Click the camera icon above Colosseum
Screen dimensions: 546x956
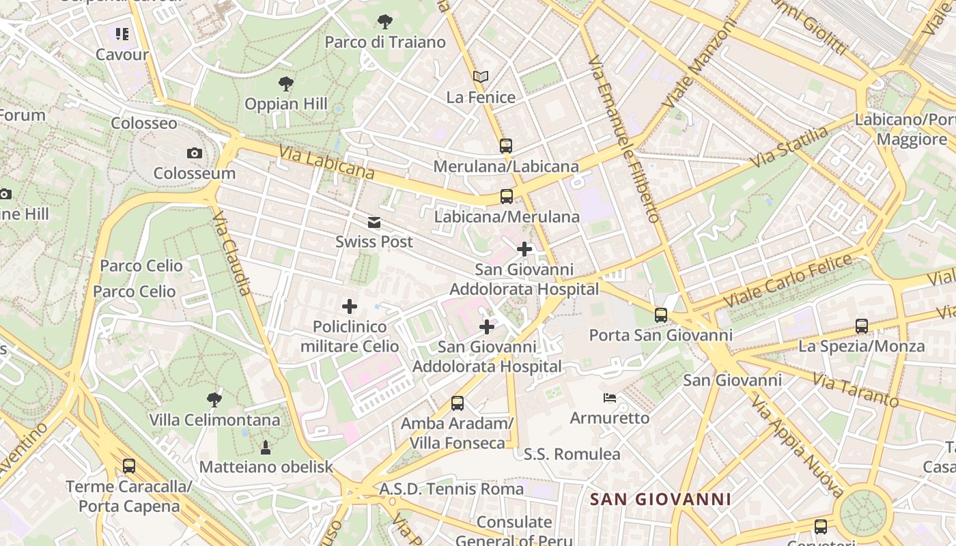click(195, 153)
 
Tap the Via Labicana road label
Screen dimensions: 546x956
click(326, 162)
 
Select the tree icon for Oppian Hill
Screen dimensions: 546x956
click(286, 84)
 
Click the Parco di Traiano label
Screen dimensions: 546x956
click(385, 42)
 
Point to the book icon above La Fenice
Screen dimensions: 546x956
click(481, 76)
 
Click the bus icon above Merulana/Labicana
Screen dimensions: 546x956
click(505, 145)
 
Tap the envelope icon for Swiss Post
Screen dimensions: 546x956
click(374, 222)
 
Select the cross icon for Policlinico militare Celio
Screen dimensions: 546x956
click(350, 306)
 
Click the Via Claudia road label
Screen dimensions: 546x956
click(232, 253)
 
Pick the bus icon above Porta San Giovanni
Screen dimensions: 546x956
click(660, 315)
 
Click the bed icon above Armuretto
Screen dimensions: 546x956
click(610, 397)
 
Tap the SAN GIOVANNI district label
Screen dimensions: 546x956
click(660, 499)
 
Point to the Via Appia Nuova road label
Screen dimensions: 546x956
click(795, 443)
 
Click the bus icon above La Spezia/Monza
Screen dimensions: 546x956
click(862, 326)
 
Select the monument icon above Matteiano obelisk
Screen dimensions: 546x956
click(266, 447)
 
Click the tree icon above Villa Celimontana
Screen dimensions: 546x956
click(214, 399)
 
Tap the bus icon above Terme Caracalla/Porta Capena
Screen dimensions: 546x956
click(128, 466)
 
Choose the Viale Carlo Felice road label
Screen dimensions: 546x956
click(788, 281)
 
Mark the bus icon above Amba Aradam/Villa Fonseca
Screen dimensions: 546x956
click(458, 403)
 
